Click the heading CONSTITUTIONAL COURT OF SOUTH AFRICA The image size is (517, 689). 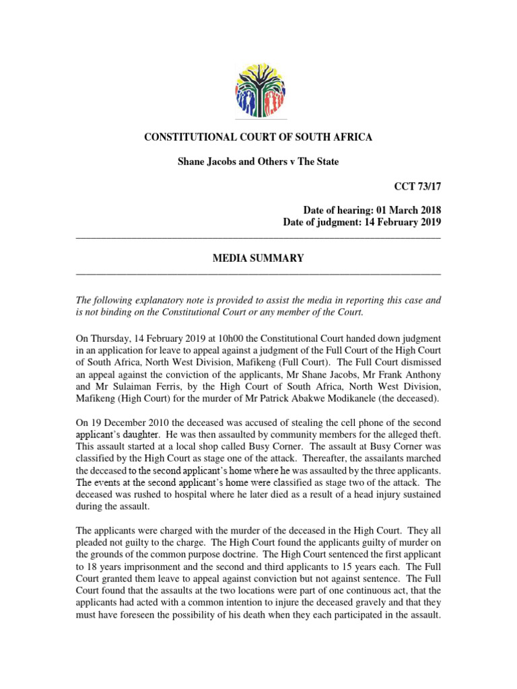pos(258,137)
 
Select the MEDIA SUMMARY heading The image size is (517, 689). pos(258,258)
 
